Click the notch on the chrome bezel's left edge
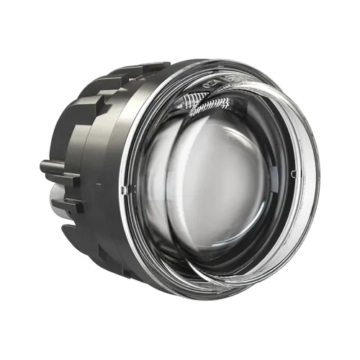(x=125, y=189)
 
